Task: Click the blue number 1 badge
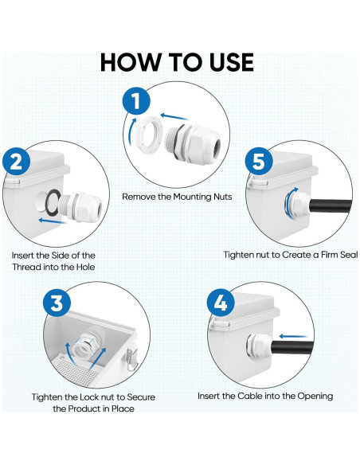point(137,102)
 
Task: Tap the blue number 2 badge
point(17,162)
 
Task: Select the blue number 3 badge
point(57,303)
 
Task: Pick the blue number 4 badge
point(221,303)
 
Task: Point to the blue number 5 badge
point(259,162)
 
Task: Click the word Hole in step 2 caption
point(86,267)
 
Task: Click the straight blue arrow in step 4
point(293,336)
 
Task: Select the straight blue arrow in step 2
point(53,221)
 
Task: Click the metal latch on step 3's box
point(131,359)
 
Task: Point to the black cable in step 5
point(330,205)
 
